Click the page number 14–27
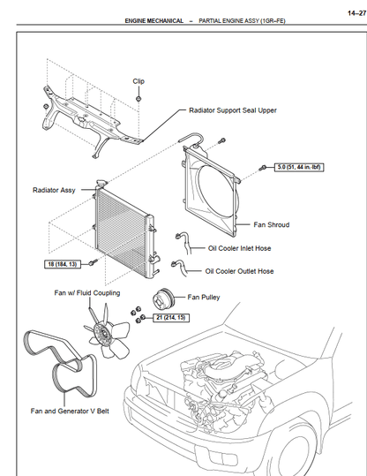pos(356,13)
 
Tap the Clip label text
pos(139,81)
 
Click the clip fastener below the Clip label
pos(139,99)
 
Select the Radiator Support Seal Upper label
pos(233,110)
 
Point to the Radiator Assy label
pos(54,190)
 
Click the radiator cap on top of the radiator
pos(101,183)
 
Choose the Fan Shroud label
pos(272,224)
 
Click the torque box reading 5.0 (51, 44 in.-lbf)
pos(299,167)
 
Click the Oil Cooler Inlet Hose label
pos(239,248)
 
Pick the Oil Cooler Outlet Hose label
pos(239,271)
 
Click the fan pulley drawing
pos(163,298)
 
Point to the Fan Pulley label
pos(204,298)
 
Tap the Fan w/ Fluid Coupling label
pos(87,293)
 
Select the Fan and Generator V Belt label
pos(70,411)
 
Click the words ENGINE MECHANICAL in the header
pos(154,21)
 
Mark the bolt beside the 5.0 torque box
pos(263,167)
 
